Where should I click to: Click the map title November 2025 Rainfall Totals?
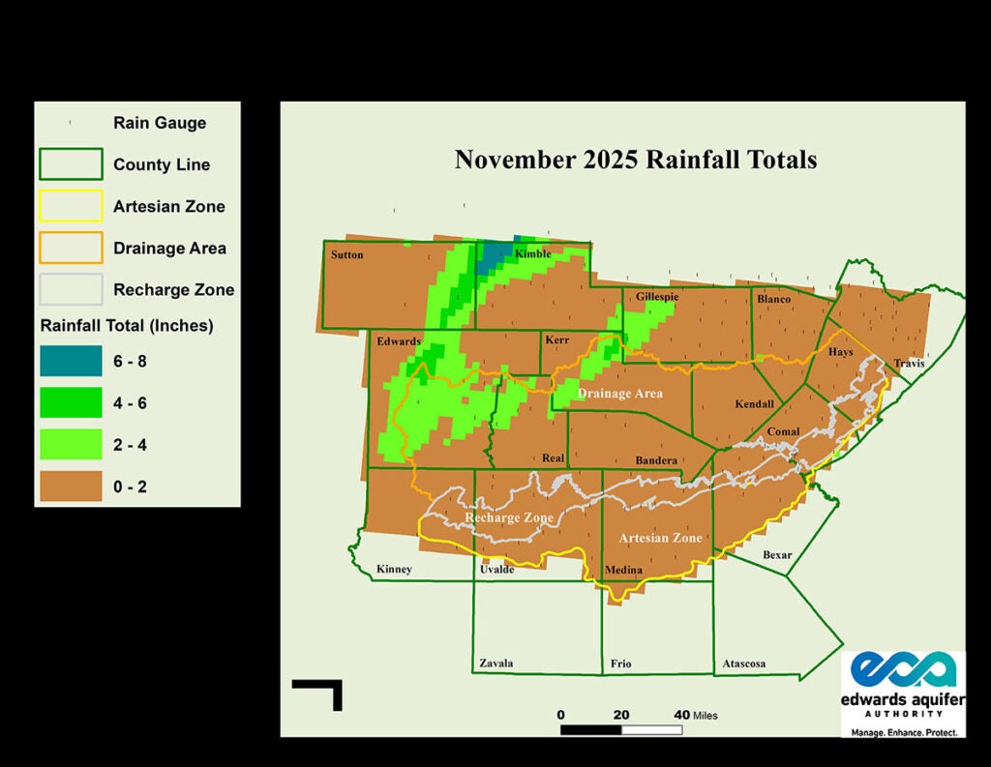(x=636, y=159)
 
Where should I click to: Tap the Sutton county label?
(x=346, y=255)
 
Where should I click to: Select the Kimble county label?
(x=532, y=253)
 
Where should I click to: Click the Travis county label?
(x=909, y=364)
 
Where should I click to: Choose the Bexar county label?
(x=777, y=555)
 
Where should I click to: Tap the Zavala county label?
(x=496, y=664)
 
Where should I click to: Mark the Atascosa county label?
(x=744, y=664)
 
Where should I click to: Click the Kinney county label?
(x=394, y=569)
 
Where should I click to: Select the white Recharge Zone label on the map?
(x=509, y=517)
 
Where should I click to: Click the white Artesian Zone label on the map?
(x=660, y=538)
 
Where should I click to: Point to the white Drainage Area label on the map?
(x=620, y=394)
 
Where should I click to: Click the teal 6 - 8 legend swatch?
(x=70, y=361)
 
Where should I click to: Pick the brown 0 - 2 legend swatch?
(x=70, y=487)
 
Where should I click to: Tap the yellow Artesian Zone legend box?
(x=70, y=206)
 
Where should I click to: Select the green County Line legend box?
(x=70, y=164)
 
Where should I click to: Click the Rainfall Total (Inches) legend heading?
(x=127, y=325)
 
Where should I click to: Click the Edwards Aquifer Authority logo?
(x=904, y=693)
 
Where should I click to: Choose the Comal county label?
(x=782, y=431)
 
